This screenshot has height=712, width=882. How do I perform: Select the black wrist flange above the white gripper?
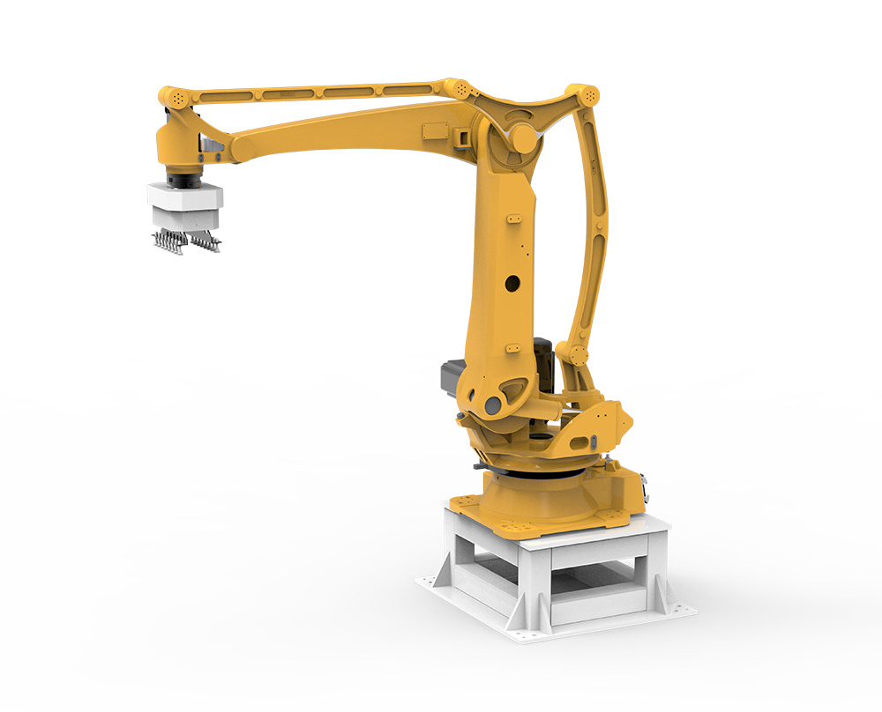[186, 180]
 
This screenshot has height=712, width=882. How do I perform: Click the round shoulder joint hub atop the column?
[522, 137]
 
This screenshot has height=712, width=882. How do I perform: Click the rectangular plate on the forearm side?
[436, 130]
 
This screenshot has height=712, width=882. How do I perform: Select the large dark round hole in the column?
[512, 284]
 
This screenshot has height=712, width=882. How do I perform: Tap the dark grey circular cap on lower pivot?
[492, 405]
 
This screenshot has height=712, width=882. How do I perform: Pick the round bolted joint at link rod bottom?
[578, 355]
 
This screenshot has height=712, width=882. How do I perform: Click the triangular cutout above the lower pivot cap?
[512, 386]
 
